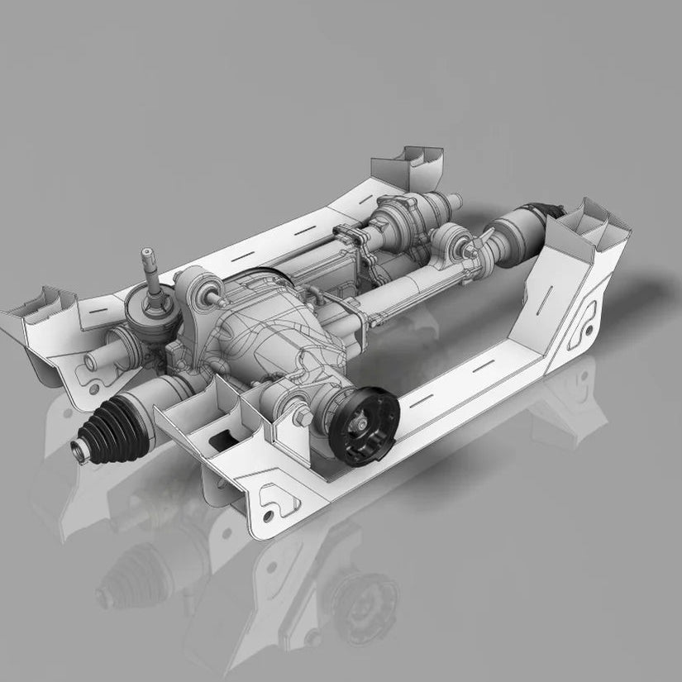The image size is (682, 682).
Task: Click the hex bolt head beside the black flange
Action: click(x=303, y=417)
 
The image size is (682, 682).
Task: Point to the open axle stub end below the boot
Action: click(x=80, y=450)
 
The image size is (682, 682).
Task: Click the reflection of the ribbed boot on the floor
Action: click(x=124, y=570)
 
